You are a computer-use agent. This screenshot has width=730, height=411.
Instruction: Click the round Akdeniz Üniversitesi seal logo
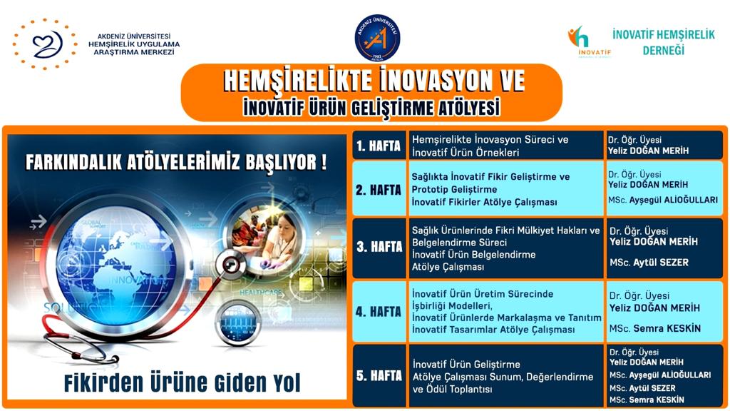[x=377, y=38]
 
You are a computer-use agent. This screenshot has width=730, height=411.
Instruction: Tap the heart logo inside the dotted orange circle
[x=47, y=45]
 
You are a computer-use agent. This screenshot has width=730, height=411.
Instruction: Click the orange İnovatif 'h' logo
[x=578, y=37]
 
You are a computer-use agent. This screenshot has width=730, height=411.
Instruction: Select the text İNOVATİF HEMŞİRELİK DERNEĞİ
[x=664, y=42]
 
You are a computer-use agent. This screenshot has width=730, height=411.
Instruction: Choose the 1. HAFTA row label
[x=379, y=146]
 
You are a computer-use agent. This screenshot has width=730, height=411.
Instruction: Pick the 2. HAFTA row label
[x=378, y=190]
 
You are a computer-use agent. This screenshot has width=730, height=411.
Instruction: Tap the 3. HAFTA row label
[x=379, y=246]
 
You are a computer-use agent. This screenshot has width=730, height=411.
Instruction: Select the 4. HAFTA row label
[x=378, y=311]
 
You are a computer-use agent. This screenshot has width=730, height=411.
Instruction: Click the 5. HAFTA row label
[x=379, y=375]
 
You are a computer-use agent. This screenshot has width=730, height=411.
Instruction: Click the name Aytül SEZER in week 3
[x=661, y=263]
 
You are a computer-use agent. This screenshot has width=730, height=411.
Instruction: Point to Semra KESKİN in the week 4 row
[x=667, y=328]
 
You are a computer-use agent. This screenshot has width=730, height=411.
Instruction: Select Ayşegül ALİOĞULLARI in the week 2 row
[x=673, y=200]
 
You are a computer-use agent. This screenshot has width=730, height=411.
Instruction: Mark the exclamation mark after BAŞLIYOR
[x=324, y=162]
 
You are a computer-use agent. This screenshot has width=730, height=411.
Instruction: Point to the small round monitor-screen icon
[x=238, y=323]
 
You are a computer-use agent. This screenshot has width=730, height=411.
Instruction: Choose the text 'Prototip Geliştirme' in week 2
[x=454, y=190]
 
